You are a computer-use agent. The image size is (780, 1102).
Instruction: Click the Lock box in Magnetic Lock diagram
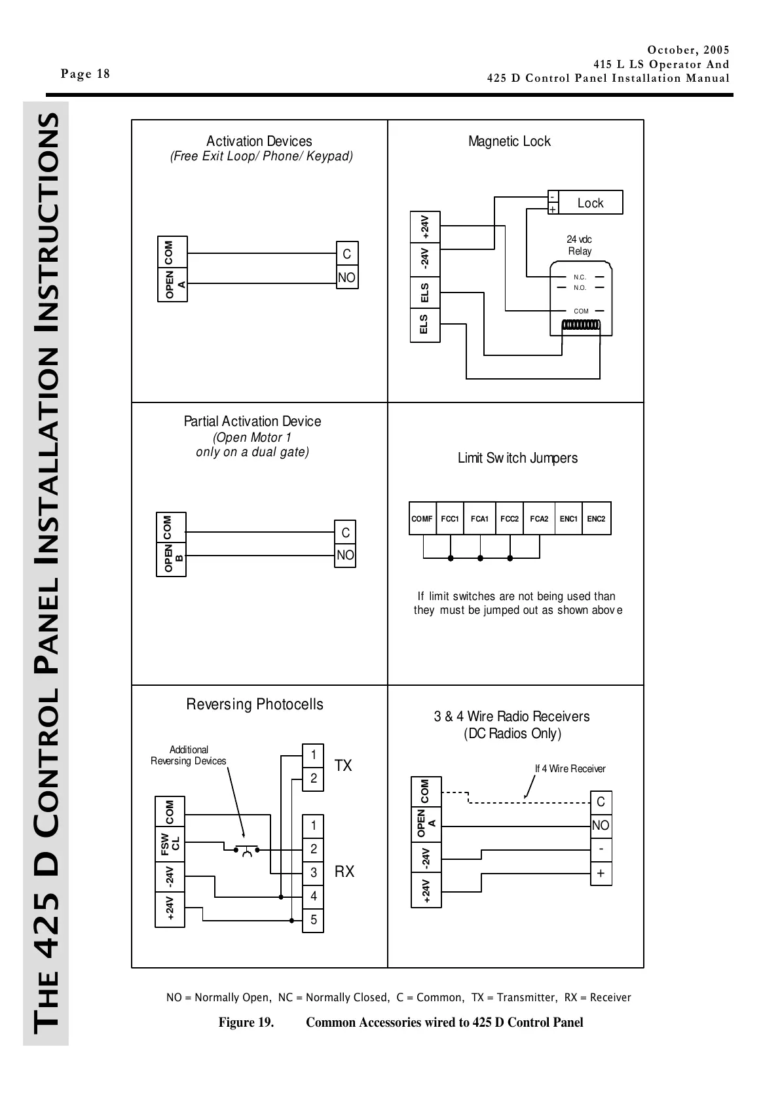point(590,203)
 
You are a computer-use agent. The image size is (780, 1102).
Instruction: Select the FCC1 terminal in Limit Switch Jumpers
point(450,519)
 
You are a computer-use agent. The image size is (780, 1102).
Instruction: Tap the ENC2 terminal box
point(596,519)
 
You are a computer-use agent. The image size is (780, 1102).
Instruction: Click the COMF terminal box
point(422,519)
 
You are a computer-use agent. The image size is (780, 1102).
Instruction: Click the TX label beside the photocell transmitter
point(343,766)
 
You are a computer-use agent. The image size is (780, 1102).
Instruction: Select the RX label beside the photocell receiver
point(344,872)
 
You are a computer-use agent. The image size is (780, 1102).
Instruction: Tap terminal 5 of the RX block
point(314,920)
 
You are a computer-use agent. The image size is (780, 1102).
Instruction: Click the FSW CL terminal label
point(170,845)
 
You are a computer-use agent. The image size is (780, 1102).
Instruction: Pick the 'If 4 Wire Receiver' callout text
point(570,769)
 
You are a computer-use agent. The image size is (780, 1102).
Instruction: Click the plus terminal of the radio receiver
point(601,874)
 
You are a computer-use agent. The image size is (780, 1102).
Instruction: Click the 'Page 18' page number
point(86,73)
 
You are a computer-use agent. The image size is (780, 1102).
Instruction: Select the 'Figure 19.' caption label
point(246,1022)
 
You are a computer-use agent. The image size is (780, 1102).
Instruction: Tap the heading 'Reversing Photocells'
point(255,704)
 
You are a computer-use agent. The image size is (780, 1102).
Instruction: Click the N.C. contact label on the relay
point(580,277)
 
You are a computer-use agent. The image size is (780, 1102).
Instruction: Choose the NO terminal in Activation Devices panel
point(346,277)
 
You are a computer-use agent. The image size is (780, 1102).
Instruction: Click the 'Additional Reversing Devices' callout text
point(189,755)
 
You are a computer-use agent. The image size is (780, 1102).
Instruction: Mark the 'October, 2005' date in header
point(688,50)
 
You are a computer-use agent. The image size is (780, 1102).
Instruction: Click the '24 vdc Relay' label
point(580,245)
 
